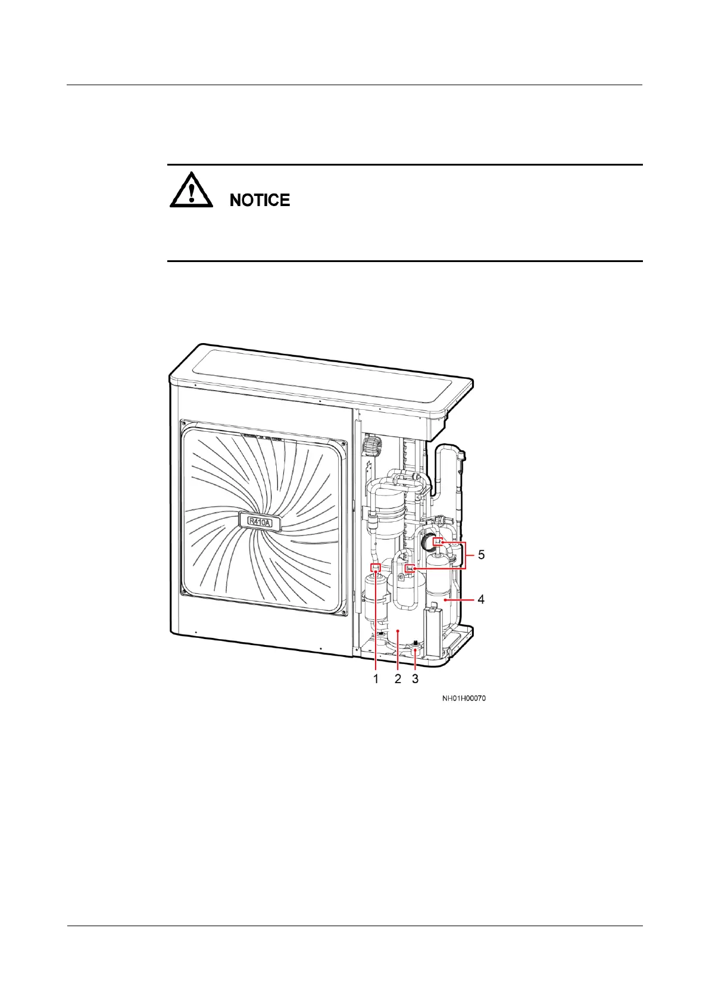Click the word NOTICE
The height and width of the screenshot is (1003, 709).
coord(260,201)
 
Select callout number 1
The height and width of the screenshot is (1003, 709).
coord(376,679)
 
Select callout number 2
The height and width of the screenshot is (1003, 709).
coord(398,679)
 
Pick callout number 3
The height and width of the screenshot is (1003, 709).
coord(416,679)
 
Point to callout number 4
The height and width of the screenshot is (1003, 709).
coord(481,600)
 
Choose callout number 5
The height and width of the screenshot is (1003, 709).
coord(481,555)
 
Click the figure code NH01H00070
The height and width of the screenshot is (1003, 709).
coord(464,698)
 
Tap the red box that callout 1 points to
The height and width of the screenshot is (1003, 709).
coord(376,567)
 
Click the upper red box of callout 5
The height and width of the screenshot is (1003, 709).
coord(438,542)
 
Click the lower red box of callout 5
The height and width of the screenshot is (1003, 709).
coord(410,568)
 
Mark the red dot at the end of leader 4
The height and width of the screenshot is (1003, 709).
coord(445,600)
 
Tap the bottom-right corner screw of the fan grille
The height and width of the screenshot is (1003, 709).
coord(342,611)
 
